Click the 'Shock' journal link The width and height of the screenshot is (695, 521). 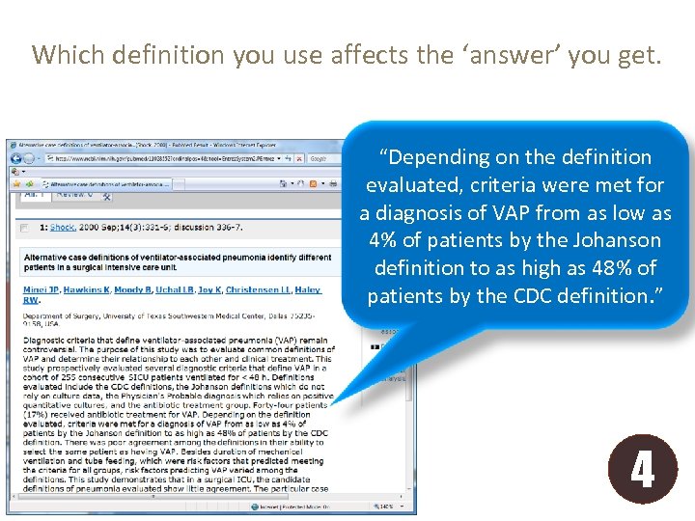click(x=63, y=228)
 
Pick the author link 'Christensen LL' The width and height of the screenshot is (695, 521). click(x=259, y=289)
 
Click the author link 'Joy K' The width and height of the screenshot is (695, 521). click(x=208, y=289)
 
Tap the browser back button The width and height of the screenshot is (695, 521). click(x=15, y=158)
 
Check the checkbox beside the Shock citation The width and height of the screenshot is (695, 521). click(x=24, y=229)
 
